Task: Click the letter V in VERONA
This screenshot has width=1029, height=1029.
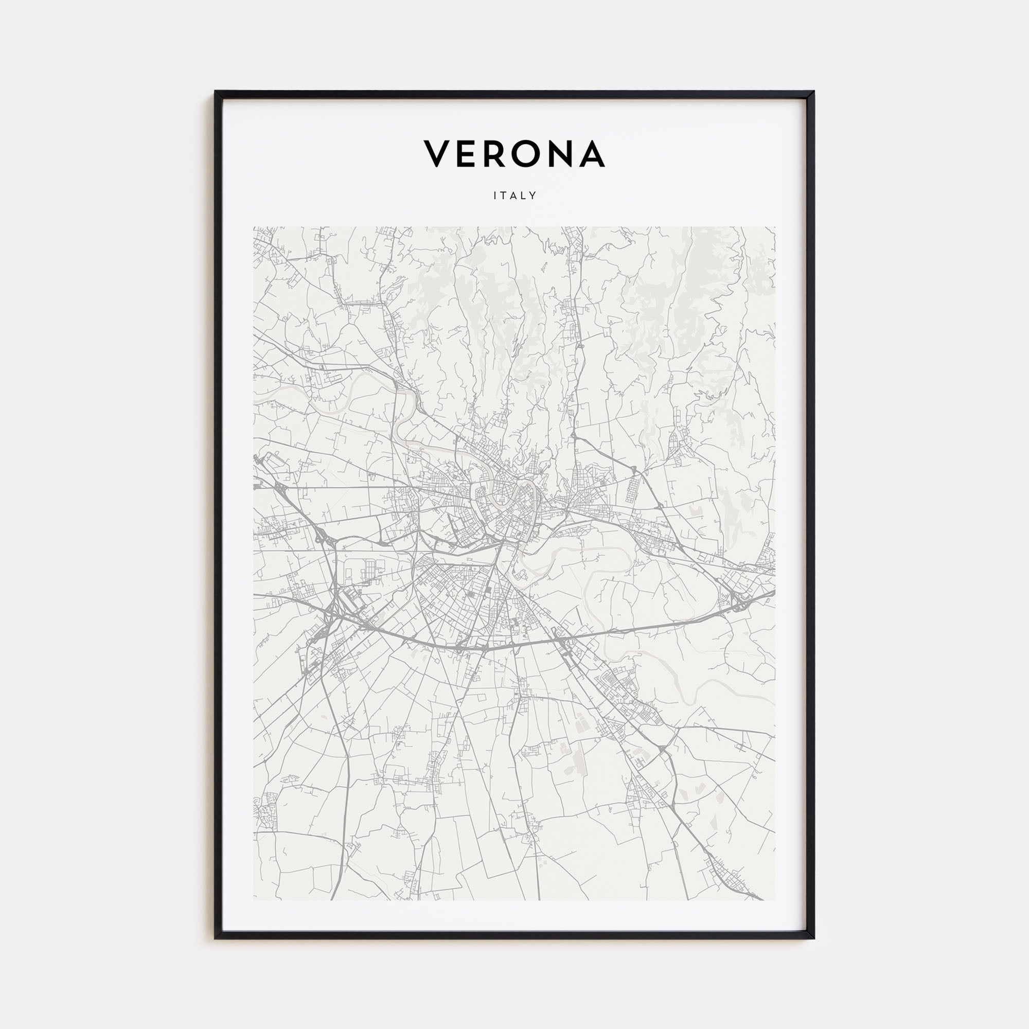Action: [438, 154]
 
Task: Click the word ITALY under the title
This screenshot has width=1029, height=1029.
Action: [514, 196]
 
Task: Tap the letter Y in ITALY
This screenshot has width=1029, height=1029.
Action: [533, 196]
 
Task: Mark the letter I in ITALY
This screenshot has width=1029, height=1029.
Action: [495, 196]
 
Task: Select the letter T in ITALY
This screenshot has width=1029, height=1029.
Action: [503, 196]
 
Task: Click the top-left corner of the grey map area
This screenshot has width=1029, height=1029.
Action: [254, 227]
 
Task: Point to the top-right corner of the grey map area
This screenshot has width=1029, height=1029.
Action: [775, 227]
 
